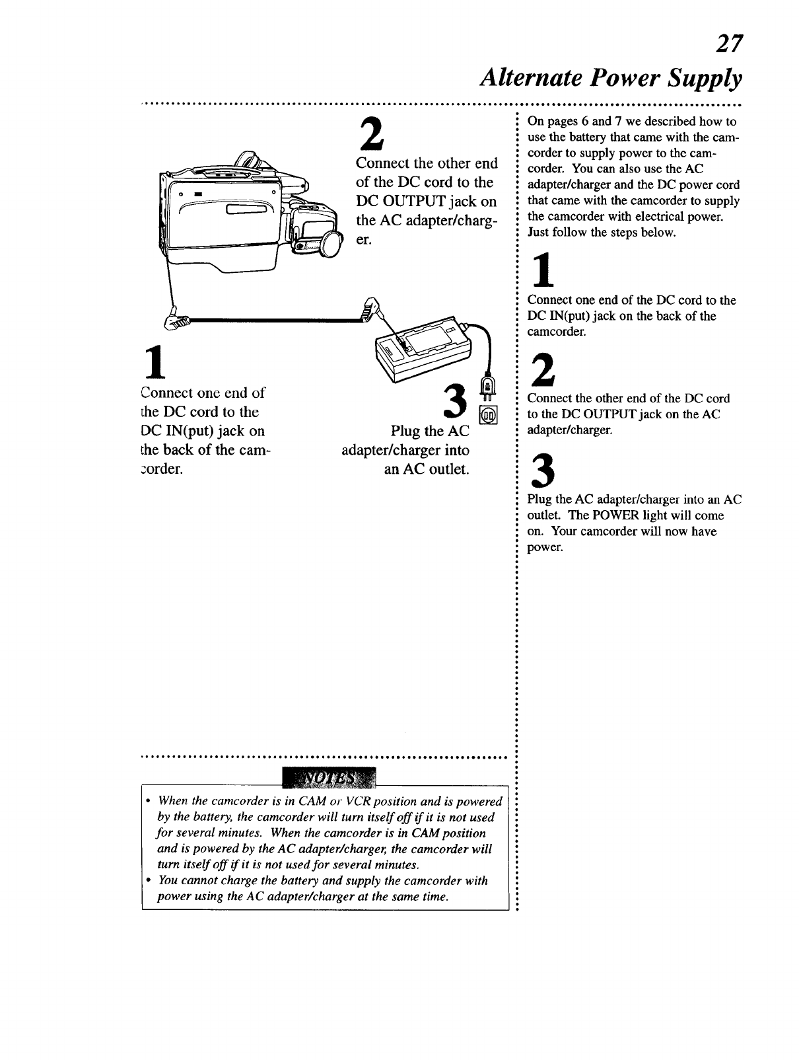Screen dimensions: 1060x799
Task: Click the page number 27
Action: pyautogui.click(x=730, y=45)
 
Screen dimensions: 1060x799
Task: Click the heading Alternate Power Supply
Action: pyautogui.click(x=611, y=79)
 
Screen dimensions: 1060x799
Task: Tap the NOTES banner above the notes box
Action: pyautogui.click(x=328, y=778)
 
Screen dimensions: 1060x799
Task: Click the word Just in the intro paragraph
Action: pyautogui.click(x=538, y=233)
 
